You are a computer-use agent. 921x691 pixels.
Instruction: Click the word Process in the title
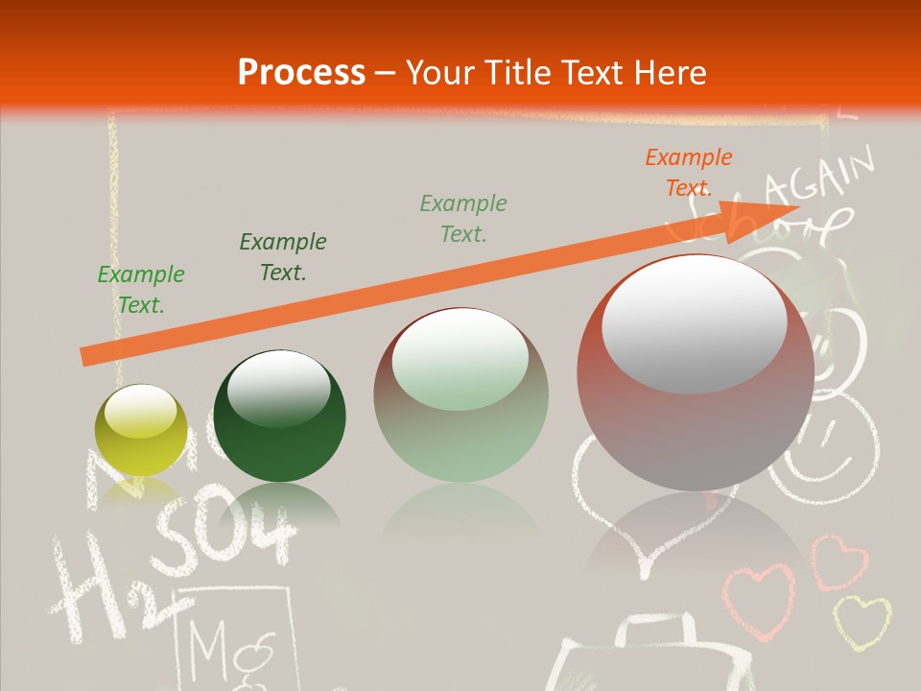click(x=301, y=72)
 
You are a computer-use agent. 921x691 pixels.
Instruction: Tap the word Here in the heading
click(x=670, y=72)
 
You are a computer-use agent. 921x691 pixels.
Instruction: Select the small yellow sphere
click(x=141, y=430)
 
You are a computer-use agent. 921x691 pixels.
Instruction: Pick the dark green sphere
click(x=279, y=416)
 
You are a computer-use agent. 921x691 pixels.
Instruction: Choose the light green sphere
click(x=460, y=394)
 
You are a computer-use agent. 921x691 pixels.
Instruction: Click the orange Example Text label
click(x=688, y=173)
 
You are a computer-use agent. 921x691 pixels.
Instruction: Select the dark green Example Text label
click(x=283, y=257)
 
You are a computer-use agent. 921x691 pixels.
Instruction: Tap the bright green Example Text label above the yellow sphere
click(x=141, y=290)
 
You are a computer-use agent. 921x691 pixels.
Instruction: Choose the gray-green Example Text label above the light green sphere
click(x=463, y=218)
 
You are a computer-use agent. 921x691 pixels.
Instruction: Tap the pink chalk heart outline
click(x=758, y=600)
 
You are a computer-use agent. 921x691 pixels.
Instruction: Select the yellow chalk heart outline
click(x=861, y=621)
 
